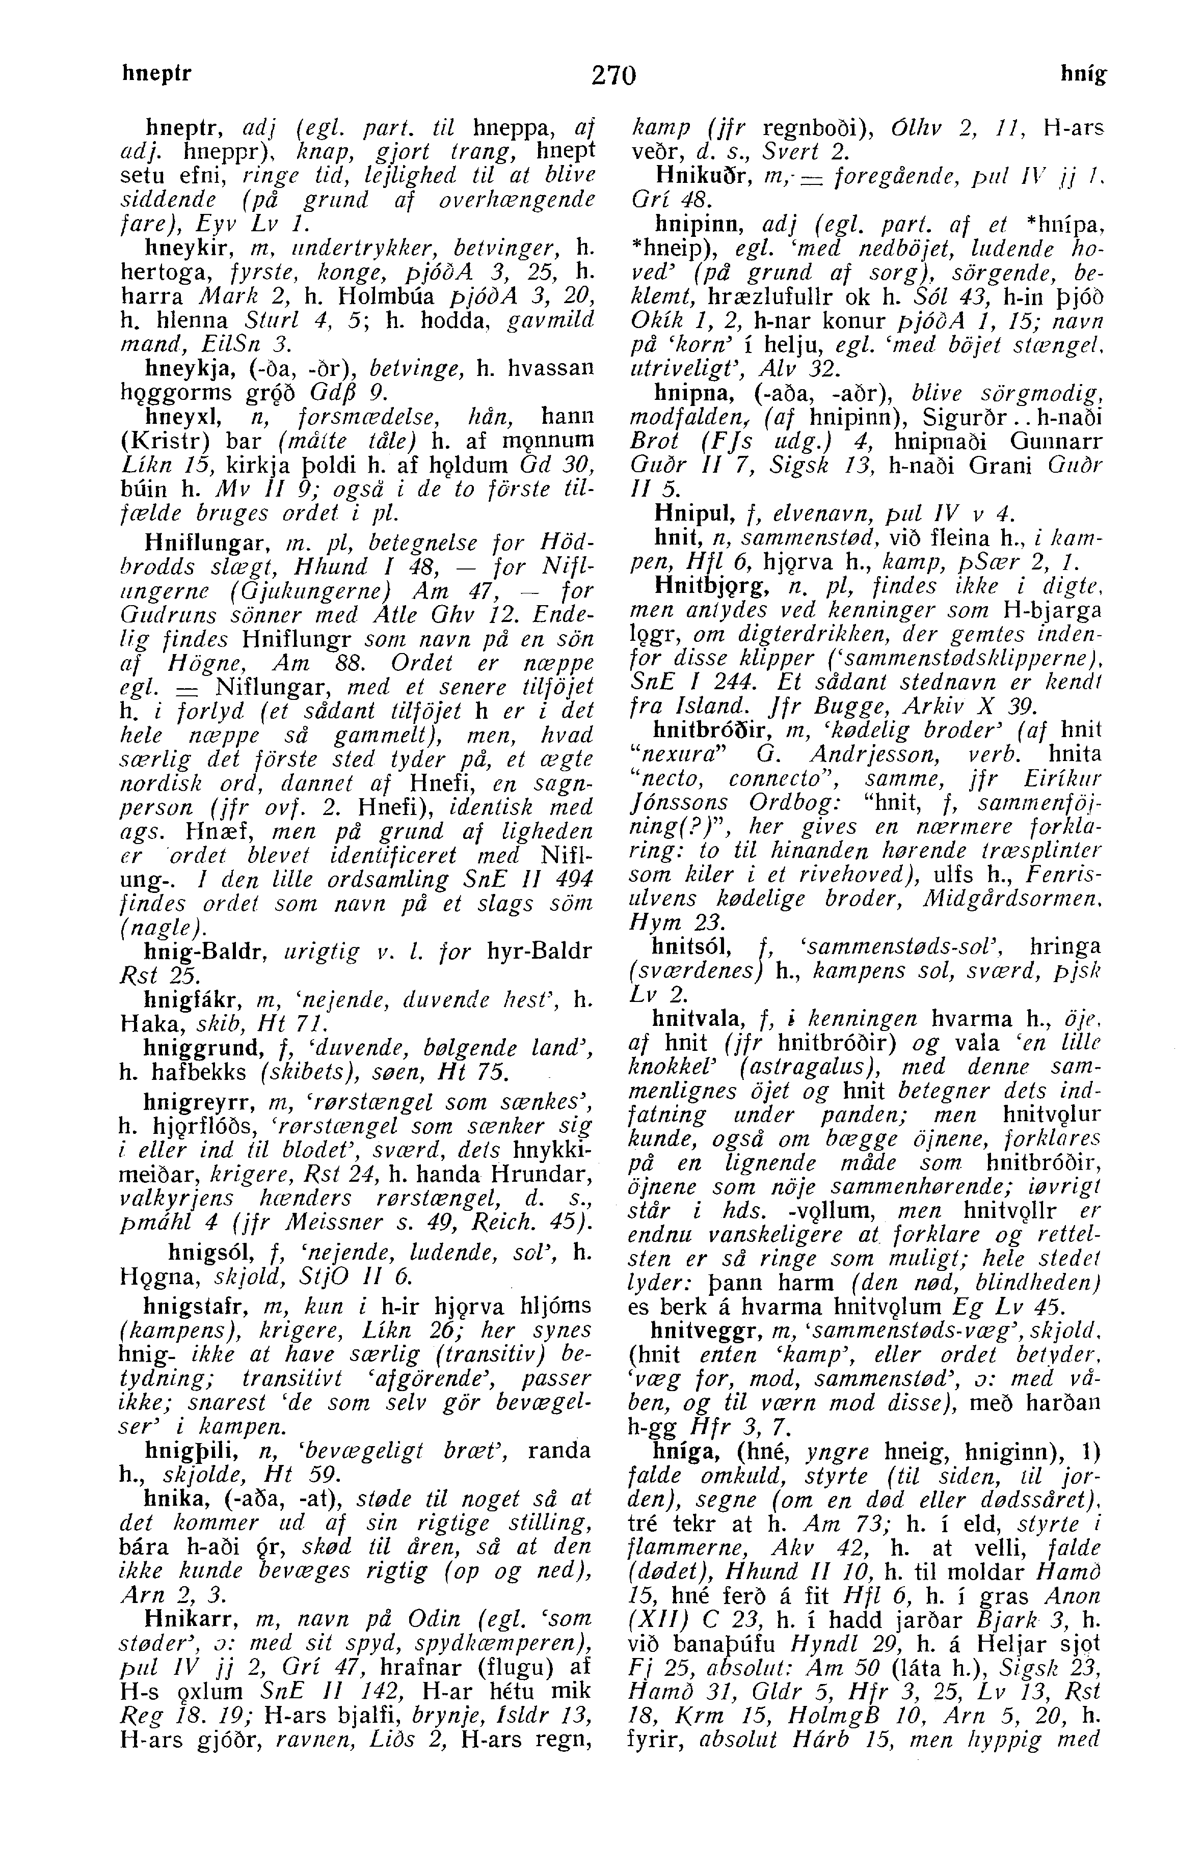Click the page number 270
click(614, 76)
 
